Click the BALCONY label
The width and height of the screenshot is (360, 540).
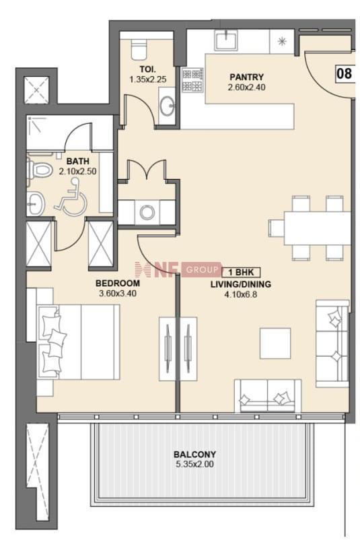click(194, 454)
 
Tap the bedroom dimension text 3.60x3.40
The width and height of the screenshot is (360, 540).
click(118, 294)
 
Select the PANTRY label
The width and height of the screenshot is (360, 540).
click(246, 77)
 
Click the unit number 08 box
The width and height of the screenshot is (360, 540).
click(344, 73)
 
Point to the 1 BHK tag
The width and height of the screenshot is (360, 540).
click(241, 273)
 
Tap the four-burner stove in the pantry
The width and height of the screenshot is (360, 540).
click(192, 80)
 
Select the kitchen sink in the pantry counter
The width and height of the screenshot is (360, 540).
click(226, 40)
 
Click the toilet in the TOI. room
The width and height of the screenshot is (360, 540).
click(139, 48)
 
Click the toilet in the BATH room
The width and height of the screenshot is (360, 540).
click(38, 169)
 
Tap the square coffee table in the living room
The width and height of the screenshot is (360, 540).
click(275, 343)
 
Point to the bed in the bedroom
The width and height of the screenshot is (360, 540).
click(78, 342)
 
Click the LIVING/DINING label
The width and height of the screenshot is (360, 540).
click(241, 284)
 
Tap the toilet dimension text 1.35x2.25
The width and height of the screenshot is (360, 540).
click(147, 79)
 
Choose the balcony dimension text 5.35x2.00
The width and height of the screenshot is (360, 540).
click(194, 464)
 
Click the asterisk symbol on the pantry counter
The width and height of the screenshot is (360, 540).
click(282, 42)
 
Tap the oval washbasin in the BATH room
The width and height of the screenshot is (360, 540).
click(36, 204)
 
